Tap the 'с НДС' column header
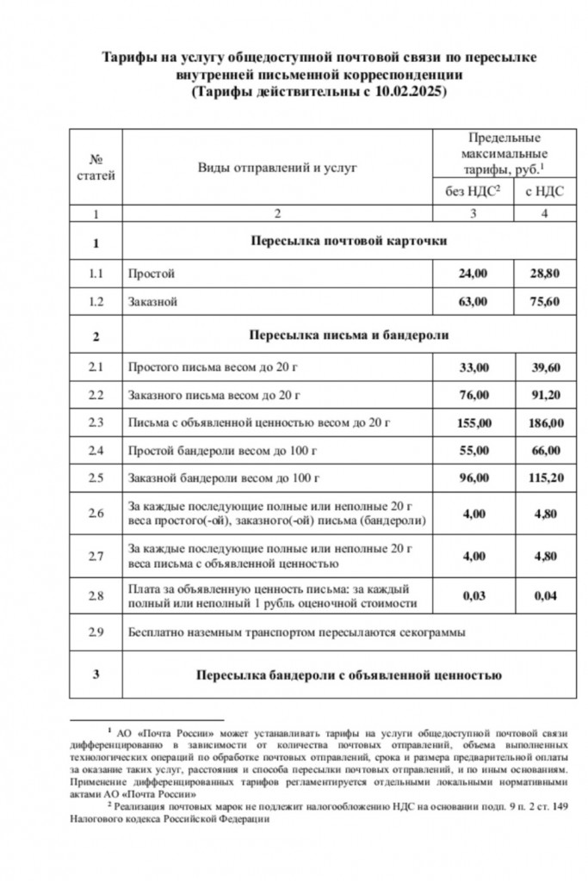click(x=544, y=192)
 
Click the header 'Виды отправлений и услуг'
click(x=277, y=168)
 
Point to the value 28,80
click(x=544, y=274)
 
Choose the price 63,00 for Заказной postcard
click(x=473, y=302)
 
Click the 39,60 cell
click(x=544, y=367)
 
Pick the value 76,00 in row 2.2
click(x=473, y=395)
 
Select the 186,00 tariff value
click(x=544, y=423)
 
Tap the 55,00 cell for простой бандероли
click(x=473, y=451)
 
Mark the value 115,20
click(x=544, y=479)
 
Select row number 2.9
click(x=96, y=632)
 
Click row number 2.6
click(x=96, y=514)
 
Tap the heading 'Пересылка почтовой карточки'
click(x=348, y=242)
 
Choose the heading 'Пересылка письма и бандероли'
click(x=348, y=336)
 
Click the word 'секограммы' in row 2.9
click(x=436, y=632)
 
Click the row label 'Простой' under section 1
click(x=151, y=274)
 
